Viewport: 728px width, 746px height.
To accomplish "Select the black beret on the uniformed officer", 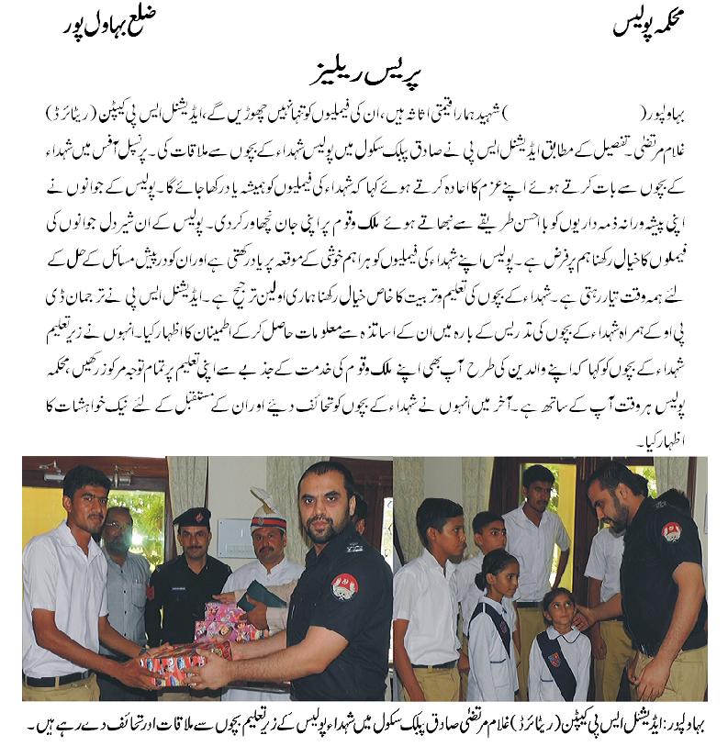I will coord(193,518).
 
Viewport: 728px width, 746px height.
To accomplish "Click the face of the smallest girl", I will coord(557,606).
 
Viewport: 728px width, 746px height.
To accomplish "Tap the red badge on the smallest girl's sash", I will coord(554,660).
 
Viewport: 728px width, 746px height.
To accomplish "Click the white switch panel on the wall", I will coord(236,532).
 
